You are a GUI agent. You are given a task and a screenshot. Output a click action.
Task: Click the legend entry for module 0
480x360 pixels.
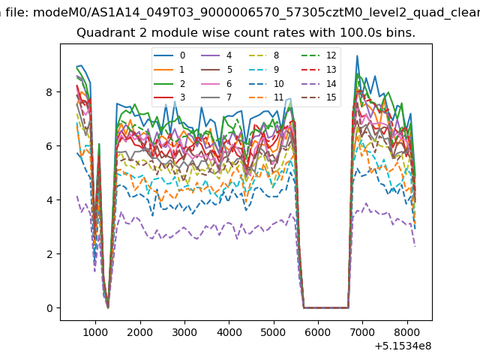tap(169, 55)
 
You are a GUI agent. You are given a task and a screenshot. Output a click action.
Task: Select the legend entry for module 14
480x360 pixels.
tap(319, 83)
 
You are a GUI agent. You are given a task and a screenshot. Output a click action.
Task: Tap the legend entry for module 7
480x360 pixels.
tap(217, 97)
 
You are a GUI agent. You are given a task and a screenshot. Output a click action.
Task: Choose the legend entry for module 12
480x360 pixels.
tap(319, 55)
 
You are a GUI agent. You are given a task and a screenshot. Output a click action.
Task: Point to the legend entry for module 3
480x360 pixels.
tap(169, 97)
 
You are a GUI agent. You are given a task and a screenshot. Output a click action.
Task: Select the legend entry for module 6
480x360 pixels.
tap(217, 83)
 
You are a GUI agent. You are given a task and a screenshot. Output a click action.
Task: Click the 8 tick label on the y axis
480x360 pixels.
tap(49, 92)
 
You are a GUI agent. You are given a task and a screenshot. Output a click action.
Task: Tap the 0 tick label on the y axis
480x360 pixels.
tap(49, 308)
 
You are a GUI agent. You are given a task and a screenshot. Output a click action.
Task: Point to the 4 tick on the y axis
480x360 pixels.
tap(58, 200)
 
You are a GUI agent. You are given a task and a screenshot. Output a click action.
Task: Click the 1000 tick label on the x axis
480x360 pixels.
tap(95, 332)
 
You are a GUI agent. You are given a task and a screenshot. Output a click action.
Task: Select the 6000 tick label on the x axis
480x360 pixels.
tap(318, 332)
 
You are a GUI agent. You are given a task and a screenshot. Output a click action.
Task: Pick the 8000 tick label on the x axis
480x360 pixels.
tap(407, 332)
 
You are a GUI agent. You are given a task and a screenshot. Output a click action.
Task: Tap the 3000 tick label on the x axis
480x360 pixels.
tap(184, 332)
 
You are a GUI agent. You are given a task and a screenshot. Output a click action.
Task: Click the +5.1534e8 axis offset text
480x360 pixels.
tap(403, 346)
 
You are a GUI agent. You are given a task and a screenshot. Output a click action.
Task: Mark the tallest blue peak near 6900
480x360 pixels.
tap(357, 55)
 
